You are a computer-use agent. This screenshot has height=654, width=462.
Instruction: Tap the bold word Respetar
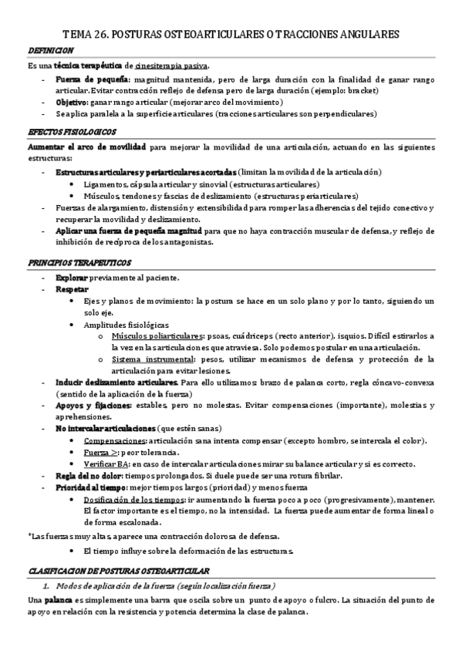click(x=72, y=288)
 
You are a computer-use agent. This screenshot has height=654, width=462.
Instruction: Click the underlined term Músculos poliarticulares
click(x=158, y=336)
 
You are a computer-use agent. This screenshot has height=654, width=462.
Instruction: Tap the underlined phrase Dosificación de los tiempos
click(x=137, y=499)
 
